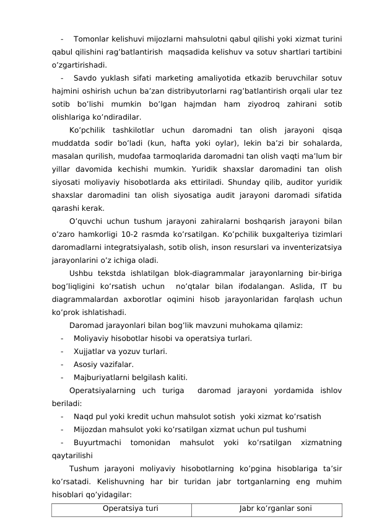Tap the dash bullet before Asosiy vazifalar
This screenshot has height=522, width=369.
63,364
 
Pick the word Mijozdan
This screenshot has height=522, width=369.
90,429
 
